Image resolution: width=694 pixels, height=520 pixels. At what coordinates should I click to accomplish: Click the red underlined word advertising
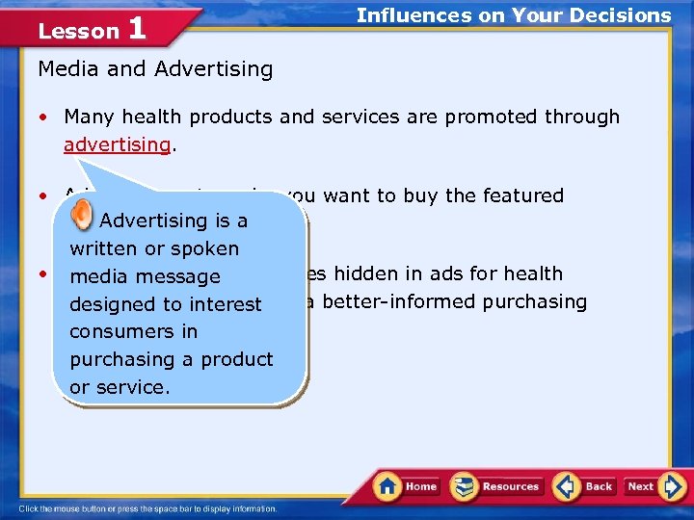tap(117, 144)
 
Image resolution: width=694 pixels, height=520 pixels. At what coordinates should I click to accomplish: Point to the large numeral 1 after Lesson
tap(136, 28)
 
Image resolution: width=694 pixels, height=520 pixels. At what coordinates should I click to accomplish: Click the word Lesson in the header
tap(78, 31)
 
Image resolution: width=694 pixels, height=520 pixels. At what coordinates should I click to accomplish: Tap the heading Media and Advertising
tap(155, 69)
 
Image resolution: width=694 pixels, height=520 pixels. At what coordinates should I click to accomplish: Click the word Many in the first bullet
tap(88, 117)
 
